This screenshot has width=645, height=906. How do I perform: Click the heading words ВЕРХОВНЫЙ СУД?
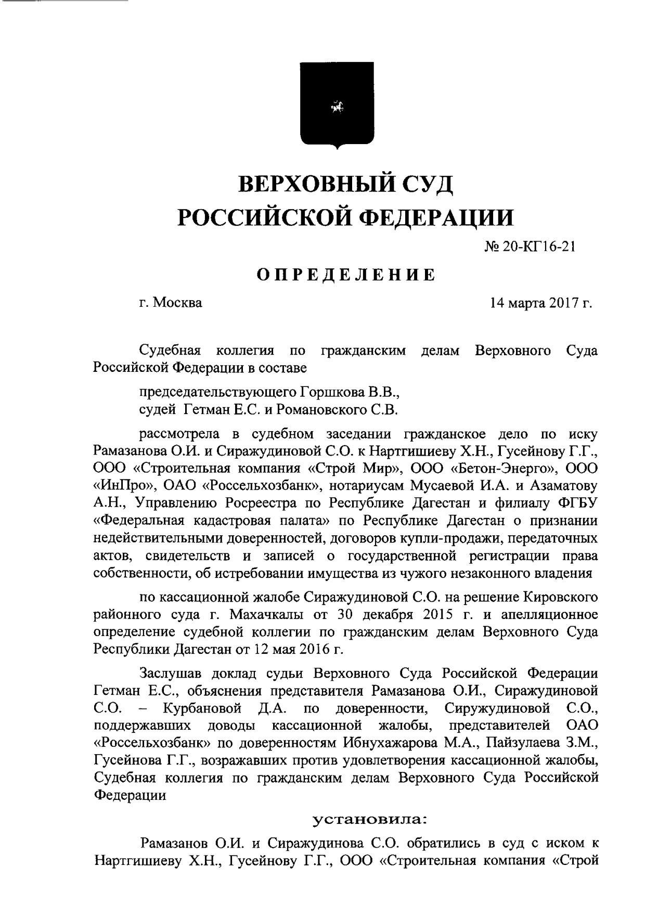point(345,184)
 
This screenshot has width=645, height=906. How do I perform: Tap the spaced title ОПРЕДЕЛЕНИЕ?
point(345,274)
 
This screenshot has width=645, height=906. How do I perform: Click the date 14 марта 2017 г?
point(540,303)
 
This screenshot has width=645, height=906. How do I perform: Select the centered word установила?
point(369,821)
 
